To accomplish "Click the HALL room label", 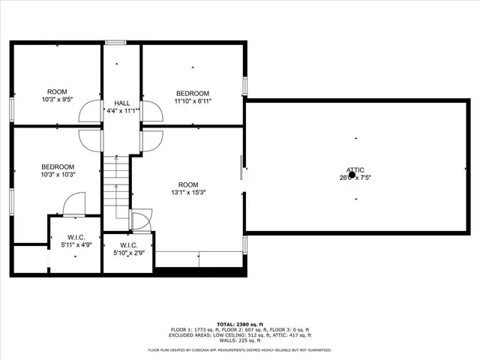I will click(122, 103).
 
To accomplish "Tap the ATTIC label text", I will click(355, 169).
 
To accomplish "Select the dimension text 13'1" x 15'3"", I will click(187, 192).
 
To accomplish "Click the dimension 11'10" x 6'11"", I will click(192, 101).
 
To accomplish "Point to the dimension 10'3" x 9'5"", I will click(58, 99).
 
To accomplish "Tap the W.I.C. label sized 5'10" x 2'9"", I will click(127, 245).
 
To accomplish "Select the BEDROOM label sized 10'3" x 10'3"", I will click(58, 166).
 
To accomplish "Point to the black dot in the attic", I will click(352, 175).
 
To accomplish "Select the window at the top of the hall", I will click(115, 43).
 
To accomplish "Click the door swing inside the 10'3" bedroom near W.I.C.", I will click(73, 202).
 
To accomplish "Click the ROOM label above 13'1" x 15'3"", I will click(187, 184).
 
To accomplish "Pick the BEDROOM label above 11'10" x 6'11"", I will click(192, 94).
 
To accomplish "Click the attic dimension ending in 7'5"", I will click(355, 178).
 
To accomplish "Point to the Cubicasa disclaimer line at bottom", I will click(239, 350).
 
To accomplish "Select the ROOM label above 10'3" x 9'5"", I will click(58, 91).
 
